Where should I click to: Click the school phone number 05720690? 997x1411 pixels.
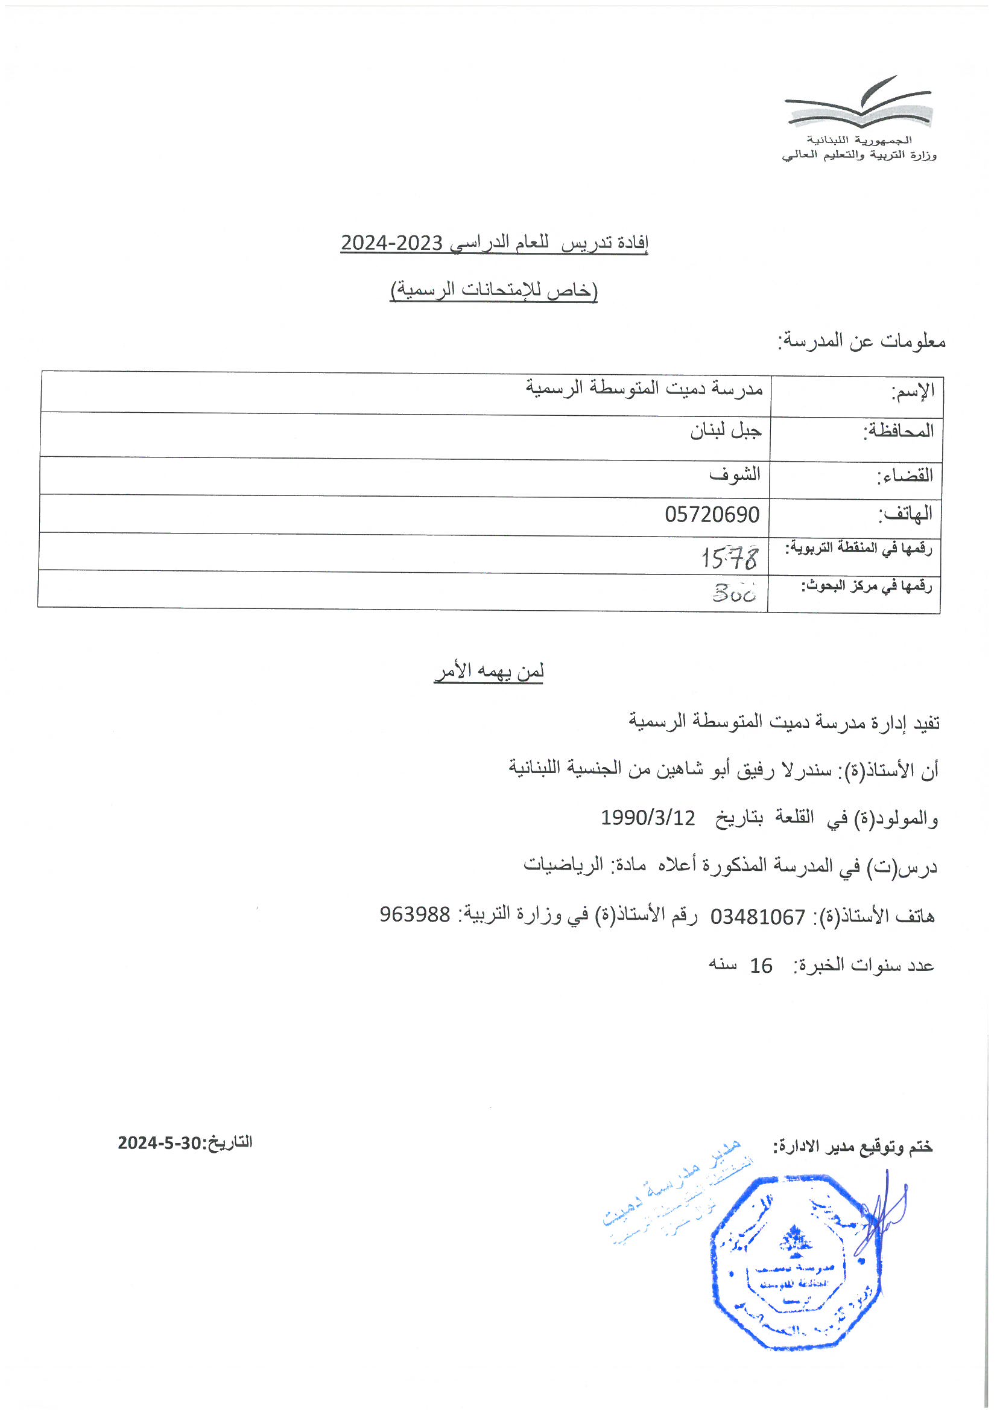(712, 514)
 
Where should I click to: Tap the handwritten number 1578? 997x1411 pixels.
(729, 558)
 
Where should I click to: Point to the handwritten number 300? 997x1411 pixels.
(734, 593)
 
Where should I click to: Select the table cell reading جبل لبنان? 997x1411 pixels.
(726, 431)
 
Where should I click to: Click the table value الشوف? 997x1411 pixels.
(735, 474)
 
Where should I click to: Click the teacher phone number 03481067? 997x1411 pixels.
(758, 917)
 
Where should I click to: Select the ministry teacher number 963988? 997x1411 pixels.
(414, 914)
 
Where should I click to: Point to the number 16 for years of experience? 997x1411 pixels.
(761, 966)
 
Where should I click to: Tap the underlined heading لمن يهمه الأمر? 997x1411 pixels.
(489, 671)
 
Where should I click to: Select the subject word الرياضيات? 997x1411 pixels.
(563, 865)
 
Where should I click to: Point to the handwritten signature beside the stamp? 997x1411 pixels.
(882, 1211)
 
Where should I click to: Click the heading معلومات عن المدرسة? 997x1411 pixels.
(861, 341)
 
